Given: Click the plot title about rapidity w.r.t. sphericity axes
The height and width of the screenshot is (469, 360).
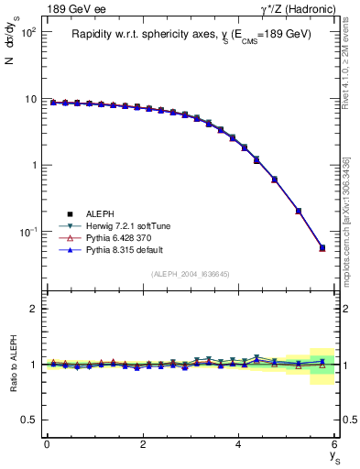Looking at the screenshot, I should click(191, 35).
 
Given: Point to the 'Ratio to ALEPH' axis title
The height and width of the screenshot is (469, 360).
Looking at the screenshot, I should click(12, 364).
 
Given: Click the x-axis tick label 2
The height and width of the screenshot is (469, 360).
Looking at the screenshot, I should click(143, 444).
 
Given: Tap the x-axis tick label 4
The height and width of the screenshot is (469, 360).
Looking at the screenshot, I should click(239, 444).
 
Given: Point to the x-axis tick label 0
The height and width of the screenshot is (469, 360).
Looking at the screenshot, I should click(47, 444).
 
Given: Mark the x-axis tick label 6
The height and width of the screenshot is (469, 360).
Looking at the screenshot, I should click(334, 444).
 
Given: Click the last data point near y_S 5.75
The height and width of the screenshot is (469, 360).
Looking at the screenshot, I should click(322, 247).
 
